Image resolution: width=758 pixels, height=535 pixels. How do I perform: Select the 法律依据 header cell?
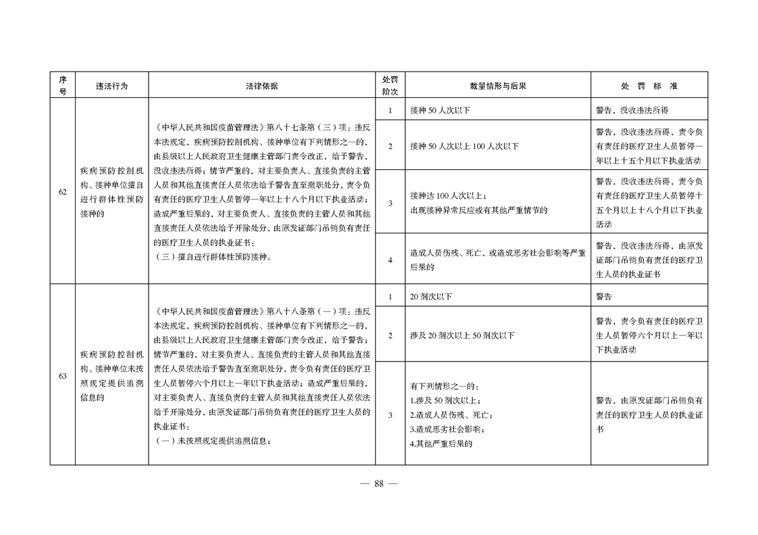pyautogui.click(x=261, y=86)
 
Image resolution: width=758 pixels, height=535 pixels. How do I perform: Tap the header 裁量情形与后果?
pyautogui.click(x=498, y=86)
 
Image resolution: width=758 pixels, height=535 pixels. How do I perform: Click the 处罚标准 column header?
pyautogui.click(x=649, y=86)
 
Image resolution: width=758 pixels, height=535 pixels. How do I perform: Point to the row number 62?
pyautogui.click(x=63, y=192)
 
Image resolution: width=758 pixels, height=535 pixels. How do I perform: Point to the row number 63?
pyautogui.click(x=63, y=376)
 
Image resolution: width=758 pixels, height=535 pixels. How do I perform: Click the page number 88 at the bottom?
pyautogui.click(x=378, y=483)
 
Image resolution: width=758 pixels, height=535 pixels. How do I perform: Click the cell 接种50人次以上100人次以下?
pyautogui.click(x=464, y=146)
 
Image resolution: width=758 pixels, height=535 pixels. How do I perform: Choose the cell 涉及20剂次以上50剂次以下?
pyautogui.click(x=462, y=335)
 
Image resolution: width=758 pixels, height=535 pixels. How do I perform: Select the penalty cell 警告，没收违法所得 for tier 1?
pyautogui.click(x=632, y=110)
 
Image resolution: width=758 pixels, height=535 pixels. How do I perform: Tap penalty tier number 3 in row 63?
pyautogui.click(x=390, y=415)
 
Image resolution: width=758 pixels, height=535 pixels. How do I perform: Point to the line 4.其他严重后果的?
pyautogui.click(x=440, y=443)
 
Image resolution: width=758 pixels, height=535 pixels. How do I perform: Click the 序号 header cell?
pyautogui.click(x=63, y=86)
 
